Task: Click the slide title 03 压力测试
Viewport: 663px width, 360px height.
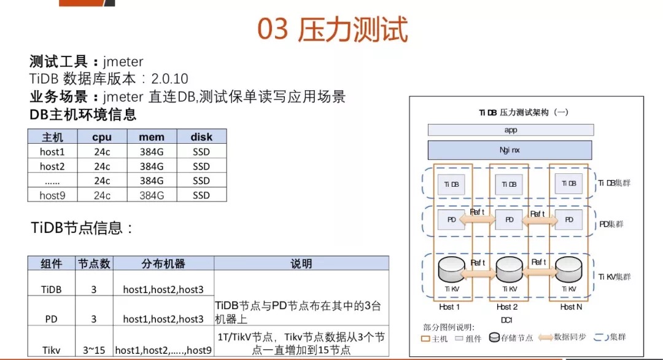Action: point(332,29)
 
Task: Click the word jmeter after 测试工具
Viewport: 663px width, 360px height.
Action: point(123,62)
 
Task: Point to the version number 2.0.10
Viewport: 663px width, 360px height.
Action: point(169,79)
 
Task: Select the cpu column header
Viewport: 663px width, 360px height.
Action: point(102,137)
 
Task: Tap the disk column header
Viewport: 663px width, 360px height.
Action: point(201,137)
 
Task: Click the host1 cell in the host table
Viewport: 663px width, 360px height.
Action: point(52,152)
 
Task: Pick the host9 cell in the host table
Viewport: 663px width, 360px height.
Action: point(52,195)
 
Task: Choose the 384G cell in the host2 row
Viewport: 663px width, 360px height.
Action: point(152,166)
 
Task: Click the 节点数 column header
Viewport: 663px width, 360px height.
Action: point(94,264)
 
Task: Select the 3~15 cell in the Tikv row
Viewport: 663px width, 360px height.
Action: point(94,350)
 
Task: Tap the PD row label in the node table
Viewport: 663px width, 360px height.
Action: point(51,319)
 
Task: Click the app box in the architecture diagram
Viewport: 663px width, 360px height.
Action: point(511,130)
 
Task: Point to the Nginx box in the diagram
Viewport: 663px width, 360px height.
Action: point(510,150)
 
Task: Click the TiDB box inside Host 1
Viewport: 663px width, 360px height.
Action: point(451,184)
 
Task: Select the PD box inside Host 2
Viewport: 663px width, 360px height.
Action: point(509,220)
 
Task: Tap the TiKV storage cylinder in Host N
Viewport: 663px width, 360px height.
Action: point(568,270)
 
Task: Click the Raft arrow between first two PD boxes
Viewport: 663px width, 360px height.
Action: point(478,219)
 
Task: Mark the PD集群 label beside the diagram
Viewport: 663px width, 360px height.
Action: point(611,224)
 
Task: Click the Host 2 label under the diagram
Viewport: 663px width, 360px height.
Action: point(507,307)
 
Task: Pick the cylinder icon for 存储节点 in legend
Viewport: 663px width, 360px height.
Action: point(494,337)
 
